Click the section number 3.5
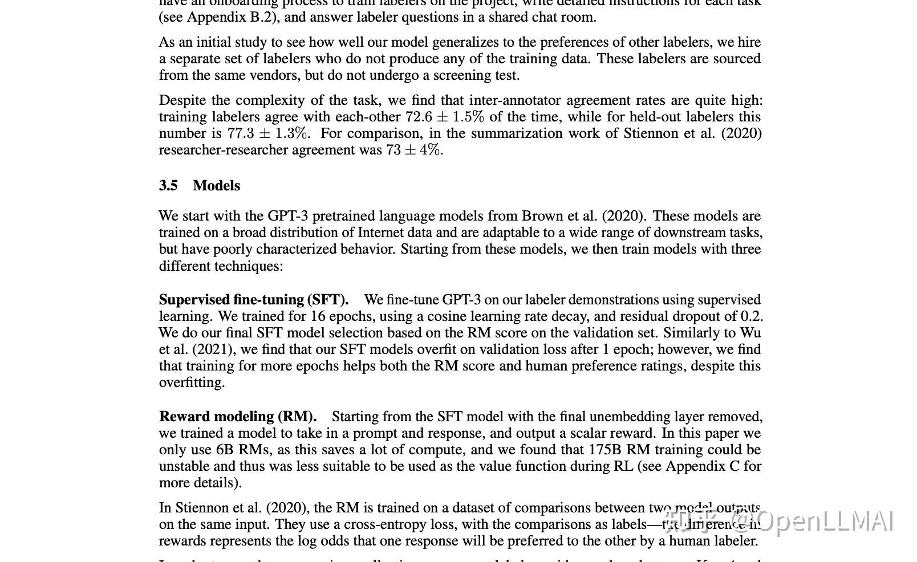click(168, 186)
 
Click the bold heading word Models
click(217, 186)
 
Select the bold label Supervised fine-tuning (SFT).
click(254, 300)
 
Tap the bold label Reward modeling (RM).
click(238, 417)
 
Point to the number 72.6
click(419, 117)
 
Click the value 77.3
click(240, 133)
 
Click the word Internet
click(383, 233)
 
